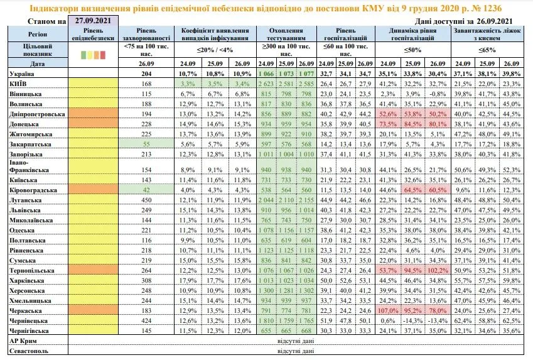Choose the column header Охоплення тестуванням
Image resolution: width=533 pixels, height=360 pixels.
coord(286,33)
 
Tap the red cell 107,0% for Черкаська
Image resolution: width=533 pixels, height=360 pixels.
coord(390,310)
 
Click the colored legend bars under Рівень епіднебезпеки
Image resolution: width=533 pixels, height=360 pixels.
coord(93,55)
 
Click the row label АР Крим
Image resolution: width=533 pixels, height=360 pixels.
coord(22,340)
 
